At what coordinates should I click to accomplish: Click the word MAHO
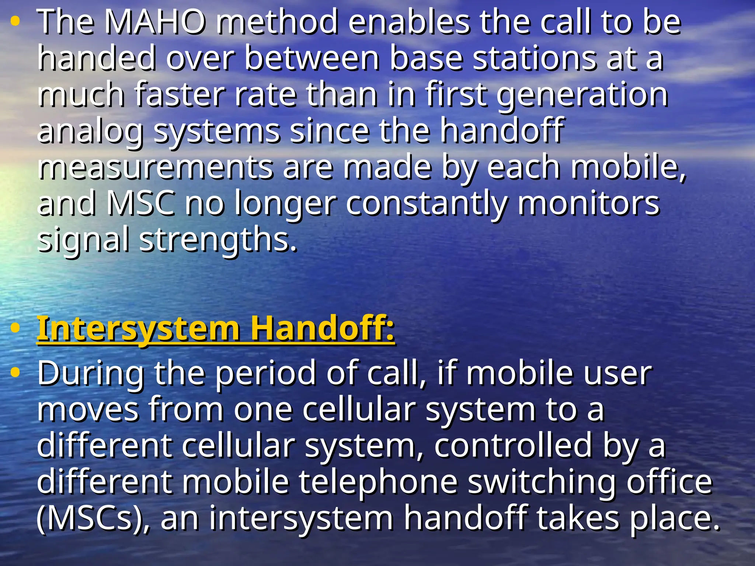click(154, 22)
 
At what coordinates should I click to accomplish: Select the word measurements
click(155, 168)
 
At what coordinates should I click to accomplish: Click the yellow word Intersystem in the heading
click(138, 329)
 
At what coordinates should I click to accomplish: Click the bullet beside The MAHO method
click(15, 22)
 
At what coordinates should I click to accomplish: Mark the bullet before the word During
click(15, 373)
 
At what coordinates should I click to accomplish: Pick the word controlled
click(513, 446)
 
